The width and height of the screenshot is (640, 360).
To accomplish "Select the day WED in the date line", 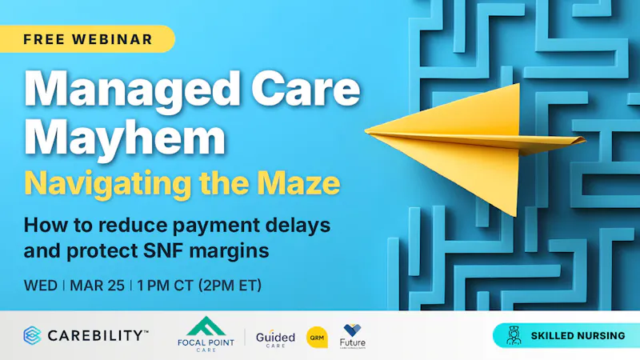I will tap(39, 285).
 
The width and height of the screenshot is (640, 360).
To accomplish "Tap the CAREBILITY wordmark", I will tap(96, 335).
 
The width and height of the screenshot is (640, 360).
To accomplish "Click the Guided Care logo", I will tap(275, 337).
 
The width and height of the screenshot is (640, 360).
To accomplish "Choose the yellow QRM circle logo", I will tap(318, 337).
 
